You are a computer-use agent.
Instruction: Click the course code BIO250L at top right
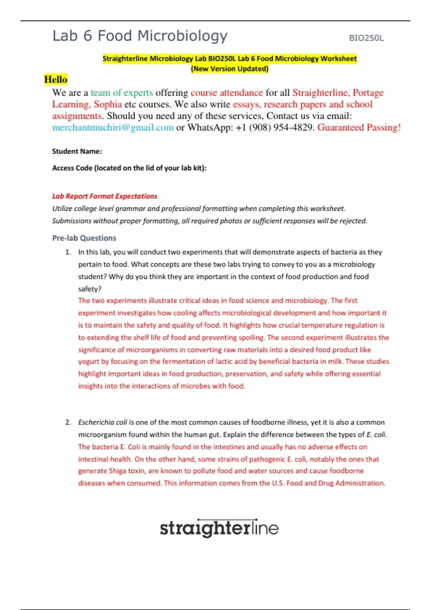coord(366,38)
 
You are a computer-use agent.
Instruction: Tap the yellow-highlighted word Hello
coord(56,79)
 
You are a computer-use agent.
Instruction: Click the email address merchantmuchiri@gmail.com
coord(113,127)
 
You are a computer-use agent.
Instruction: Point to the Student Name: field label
coord(77,151)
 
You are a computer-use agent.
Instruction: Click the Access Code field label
coord(129,168)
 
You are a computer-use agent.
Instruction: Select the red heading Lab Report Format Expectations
coord(105,196)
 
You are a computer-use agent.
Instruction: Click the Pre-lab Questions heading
coord(84,238)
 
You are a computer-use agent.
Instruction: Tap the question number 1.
coord(68,252)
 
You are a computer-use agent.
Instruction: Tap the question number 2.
coord(68,422)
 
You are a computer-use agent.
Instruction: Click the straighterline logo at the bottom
coord(219,528)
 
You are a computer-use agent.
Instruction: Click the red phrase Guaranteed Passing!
coord(359,127)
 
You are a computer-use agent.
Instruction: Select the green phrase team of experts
coord(122,93)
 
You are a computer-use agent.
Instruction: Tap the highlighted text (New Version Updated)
coord(230,69)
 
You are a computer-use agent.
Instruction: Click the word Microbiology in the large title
coord(182,36)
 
